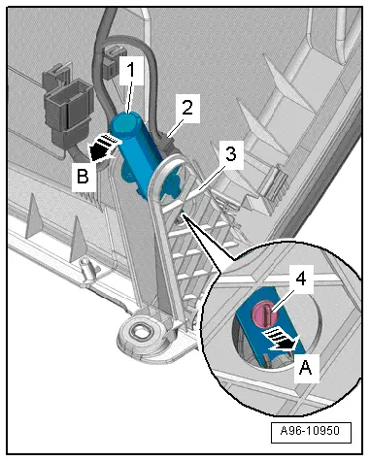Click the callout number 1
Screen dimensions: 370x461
coord(130,70)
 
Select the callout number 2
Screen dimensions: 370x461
coord(187,108)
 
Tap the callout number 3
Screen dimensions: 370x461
coord(230,154)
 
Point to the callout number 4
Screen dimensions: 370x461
coord(301,279)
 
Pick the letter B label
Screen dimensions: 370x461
coord(84,177)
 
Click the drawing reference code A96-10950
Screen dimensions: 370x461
coord(310,431)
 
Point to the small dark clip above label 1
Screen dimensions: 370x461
coord(113,60)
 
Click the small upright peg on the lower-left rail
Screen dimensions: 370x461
coord(86,268)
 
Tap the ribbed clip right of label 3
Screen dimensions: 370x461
coord(275,183)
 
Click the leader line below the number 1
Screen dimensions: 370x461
coord(129,95)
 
